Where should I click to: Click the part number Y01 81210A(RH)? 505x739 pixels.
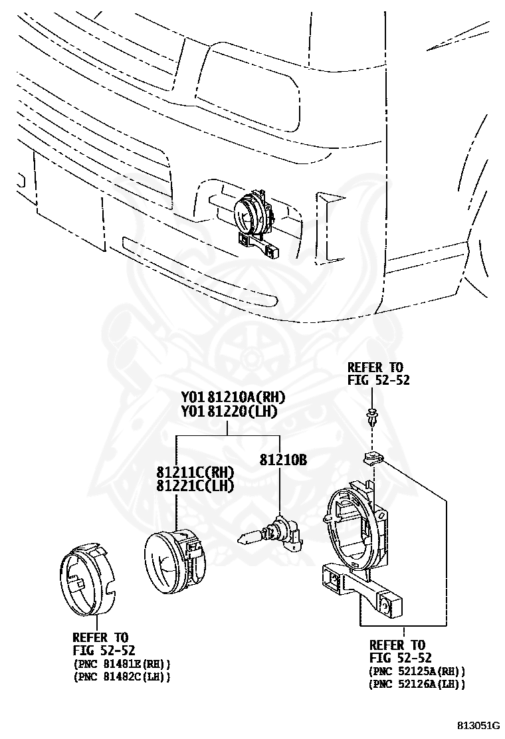tap(233, 397)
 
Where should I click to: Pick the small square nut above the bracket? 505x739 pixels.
tap(372, 457)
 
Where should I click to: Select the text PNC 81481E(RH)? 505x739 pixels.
tap(122, 664)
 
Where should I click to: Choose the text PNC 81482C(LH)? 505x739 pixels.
tap(122, 677)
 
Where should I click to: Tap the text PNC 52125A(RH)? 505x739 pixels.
tap(417, 672)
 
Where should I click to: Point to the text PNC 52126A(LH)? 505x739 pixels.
tap(417, 684)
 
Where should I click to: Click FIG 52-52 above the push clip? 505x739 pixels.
tap(378, 380)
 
